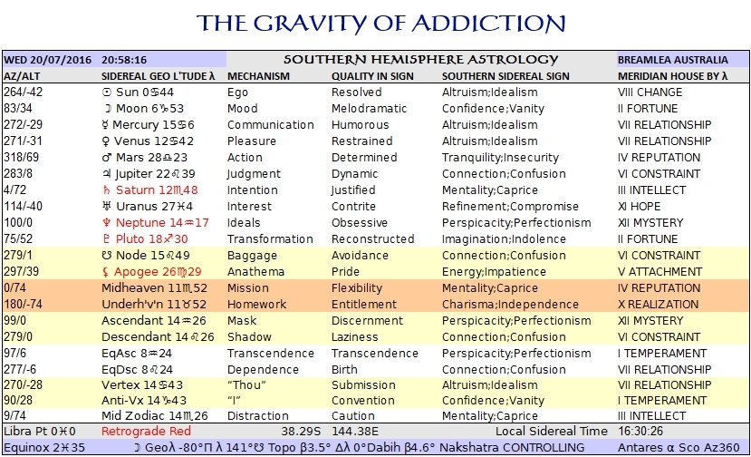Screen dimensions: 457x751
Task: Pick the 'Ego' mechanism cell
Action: point(238,92)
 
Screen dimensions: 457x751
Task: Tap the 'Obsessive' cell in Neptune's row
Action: point(359,223)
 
